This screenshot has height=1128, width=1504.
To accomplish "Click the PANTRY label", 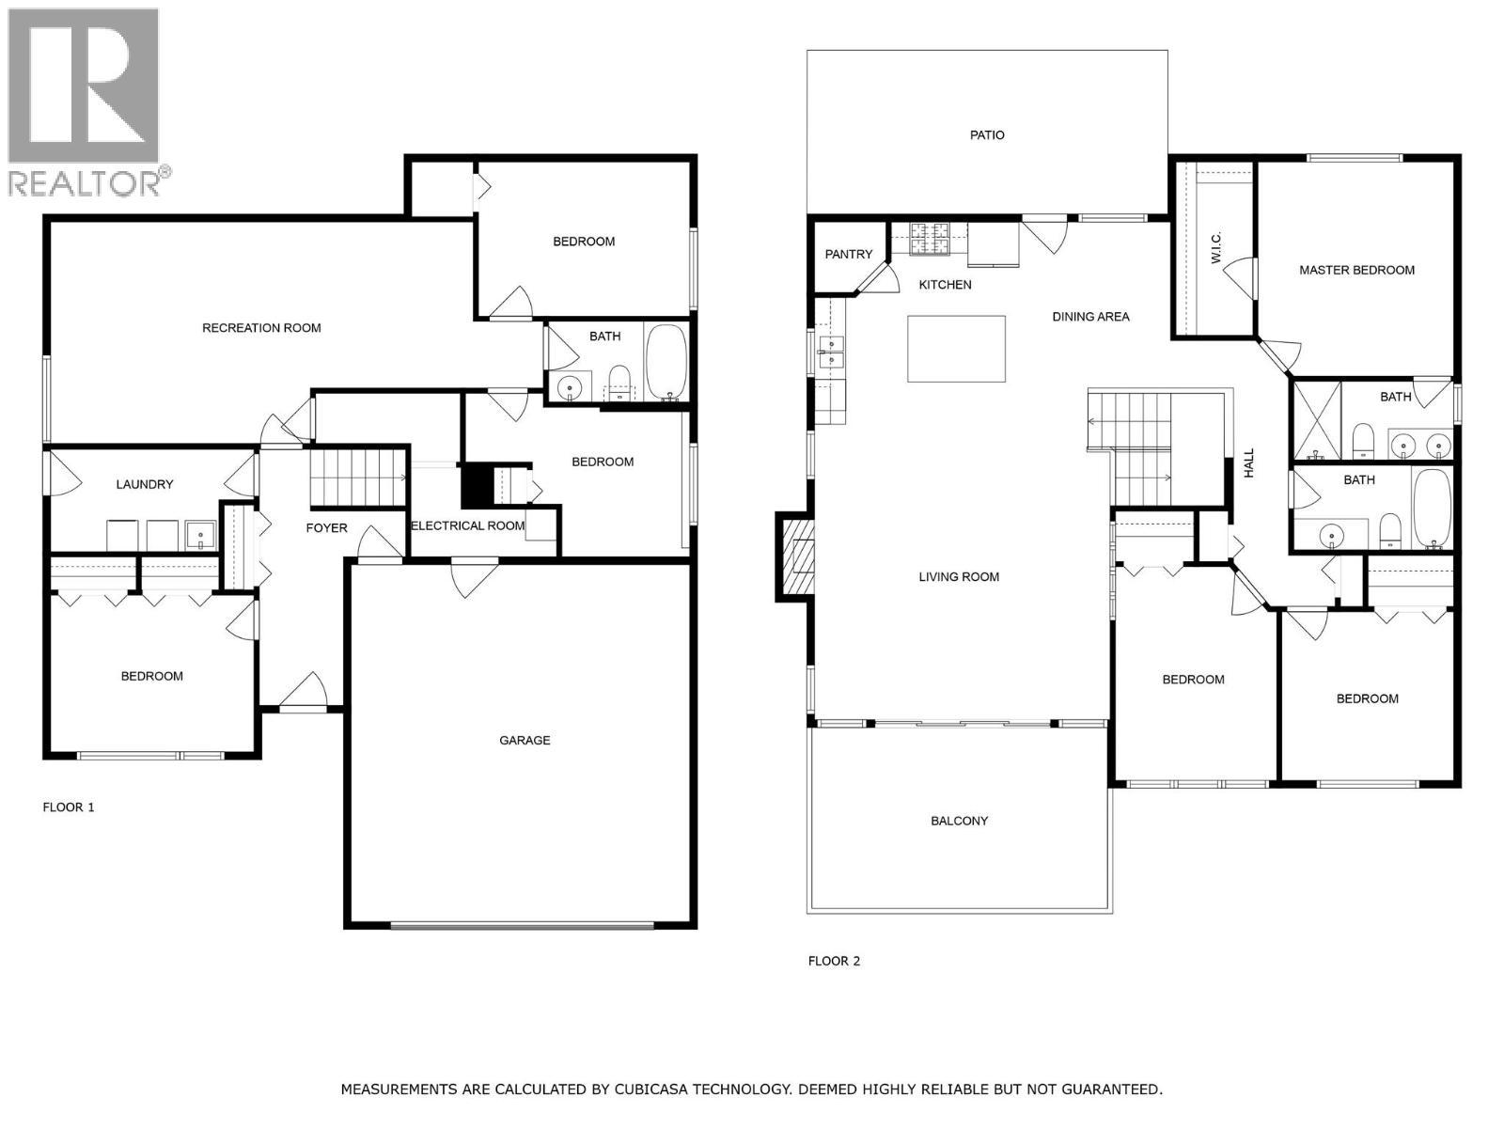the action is click(x=848, y=254).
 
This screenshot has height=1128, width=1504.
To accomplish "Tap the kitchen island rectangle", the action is click(x=957, y=349).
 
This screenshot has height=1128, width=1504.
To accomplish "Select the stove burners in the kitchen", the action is click(x=930, y=238).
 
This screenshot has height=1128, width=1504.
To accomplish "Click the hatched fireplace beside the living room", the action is click(x=795, y=556).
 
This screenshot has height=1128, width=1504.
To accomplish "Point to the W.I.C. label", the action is click(x=1215, y=247).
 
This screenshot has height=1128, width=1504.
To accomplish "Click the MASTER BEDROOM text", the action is click(x=1356, y=270).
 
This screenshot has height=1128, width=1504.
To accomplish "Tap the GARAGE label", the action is click(x=525, y=740).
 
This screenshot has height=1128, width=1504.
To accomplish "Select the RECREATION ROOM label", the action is click(x=261, y=328).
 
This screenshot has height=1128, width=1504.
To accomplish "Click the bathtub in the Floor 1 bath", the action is click(x=666, y=362).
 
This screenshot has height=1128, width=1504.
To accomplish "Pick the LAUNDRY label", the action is click(x=145, y=484).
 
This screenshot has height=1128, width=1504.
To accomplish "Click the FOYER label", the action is click(x=326, y=528).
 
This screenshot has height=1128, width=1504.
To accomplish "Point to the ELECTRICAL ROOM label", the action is click(x=467, y=525).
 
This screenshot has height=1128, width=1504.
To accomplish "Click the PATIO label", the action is click(x=987, y=135).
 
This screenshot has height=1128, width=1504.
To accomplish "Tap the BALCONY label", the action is click(x=959, y=821).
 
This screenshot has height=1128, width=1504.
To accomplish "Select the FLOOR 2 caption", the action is click(x=834, y=961).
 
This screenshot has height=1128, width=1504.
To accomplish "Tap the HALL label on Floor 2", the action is click(x=1248, y=463).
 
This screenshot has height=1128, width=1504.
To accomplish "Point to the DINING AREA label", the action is click(x=1090, y=317).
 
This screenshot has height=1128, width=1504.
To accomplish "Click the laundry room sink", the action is click(x=200, y=535).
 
